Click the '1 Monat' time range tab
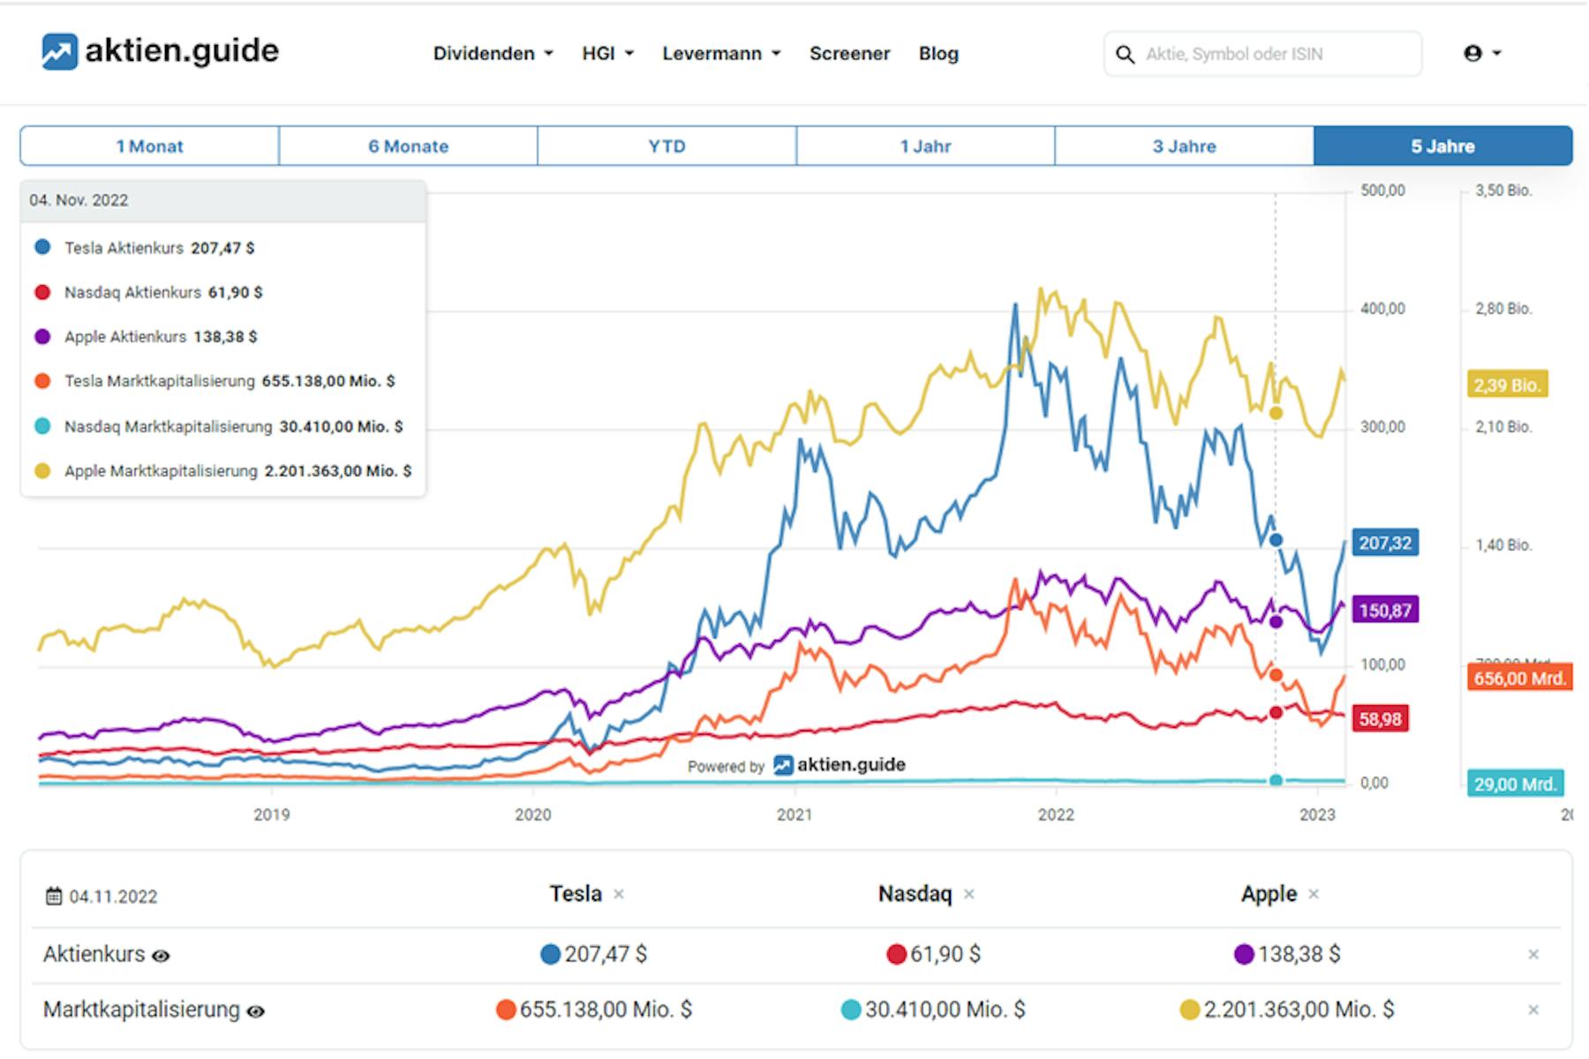pos(149,146)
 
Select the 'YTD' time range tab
pos(666,146)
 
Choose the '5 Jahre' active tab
pos(1442,146)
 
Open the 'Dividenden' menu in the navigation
pos(493,54)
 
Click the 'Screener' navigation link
pos(849,54)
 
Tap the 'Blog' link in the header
pos(938,54)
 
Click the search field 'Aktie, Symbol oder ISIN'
pos(1271,54)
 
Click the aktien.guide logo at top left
pos(160,51)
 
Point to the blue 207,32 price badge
pos(1384,543)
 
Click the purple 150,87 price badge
pos(1384,610)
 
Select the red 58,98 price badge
pos(1380,719)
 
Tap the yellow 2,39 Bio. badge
pos(1507,385)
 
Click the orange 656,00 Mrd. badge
pos(1519,679)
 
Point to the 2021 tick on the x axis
pos(794,815)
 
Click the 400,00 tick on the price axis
pos(1382,309)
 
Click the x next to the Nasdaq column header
pos(969,895)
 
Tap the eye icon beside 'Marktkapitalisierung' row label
pos(255,1011)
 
